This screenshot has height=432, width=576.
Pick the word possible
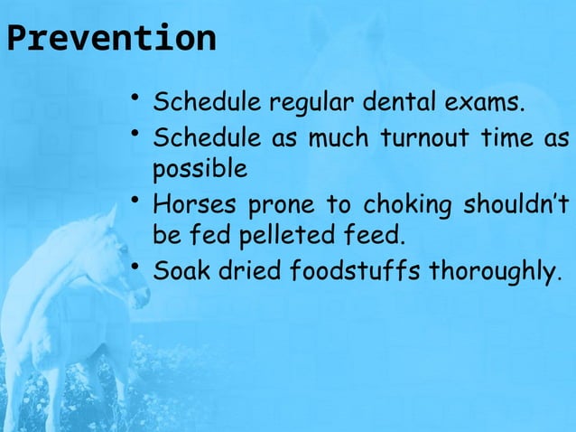[198, 170]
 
